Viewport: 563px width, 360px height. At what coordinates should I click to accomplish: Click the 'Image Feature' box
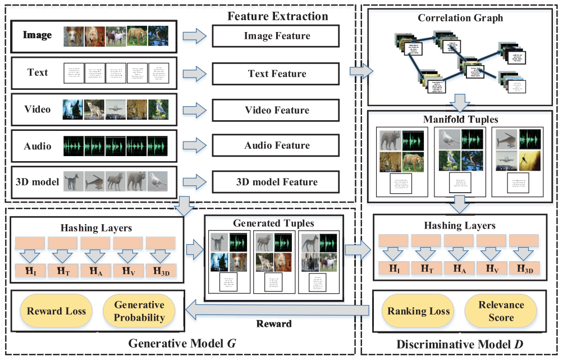277,37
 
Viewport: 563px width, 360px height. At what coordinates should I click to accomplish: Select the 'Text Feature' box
277,74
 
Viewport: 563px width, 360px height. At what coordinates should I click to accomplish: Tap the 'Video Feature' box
277,110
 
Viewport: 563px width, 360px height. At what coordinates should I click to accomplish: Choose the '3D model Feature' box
277,182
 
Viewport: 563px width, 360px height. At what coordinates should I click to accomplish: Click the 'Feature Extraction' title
277,16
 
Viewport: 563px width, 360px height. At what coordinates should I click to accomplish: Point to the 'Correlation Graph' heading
460,18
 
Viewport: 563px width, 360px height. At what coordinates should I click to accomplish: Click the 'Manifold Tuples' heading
460,120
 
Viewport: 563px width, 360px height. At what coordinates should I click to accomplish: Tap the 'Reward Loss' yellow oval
56,311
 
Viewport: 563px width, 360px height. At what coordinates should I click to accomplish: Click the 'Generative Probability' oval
139,311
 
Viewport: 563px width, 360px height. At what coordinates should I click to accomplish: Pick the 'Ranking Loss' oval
418,311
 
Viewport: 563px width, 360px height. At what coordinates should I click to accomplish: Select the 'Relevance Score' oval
501,311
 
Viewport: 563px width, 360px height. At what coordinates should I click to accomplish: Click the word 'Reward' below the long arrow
274,324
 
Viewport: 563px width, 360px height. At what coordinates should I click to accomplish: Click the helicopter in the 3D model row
95,181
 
